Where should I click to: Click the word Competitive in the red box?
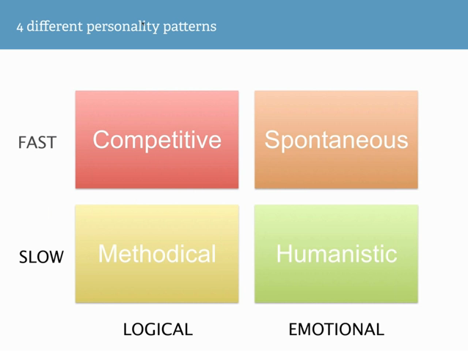[157, 139]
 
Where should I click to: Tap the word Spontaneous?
[337, 141]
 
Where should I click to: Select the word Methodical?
[157, 254]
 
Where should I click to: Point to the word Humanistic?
[337, 254]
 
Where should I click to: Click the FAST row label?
[37, 142]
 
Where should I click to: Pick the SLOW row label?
[41, 257]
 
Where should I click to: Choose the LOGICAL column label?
[158, 329]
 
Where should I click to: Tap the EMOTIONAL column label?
[337, 329]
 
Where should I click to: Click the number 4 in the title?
[20, 27]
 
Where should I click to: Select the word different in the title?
[54, 26]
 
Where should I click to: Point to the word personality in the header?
[123, 27]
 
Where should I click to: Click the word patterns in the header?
[190, 27]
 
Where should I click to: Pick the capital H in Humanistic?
[284, 254]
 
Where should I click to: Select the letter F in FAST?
[22, 142]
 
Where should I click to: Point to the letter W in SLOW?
[55, 257]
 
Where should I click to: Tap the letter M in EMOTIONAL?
[306, 329]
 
